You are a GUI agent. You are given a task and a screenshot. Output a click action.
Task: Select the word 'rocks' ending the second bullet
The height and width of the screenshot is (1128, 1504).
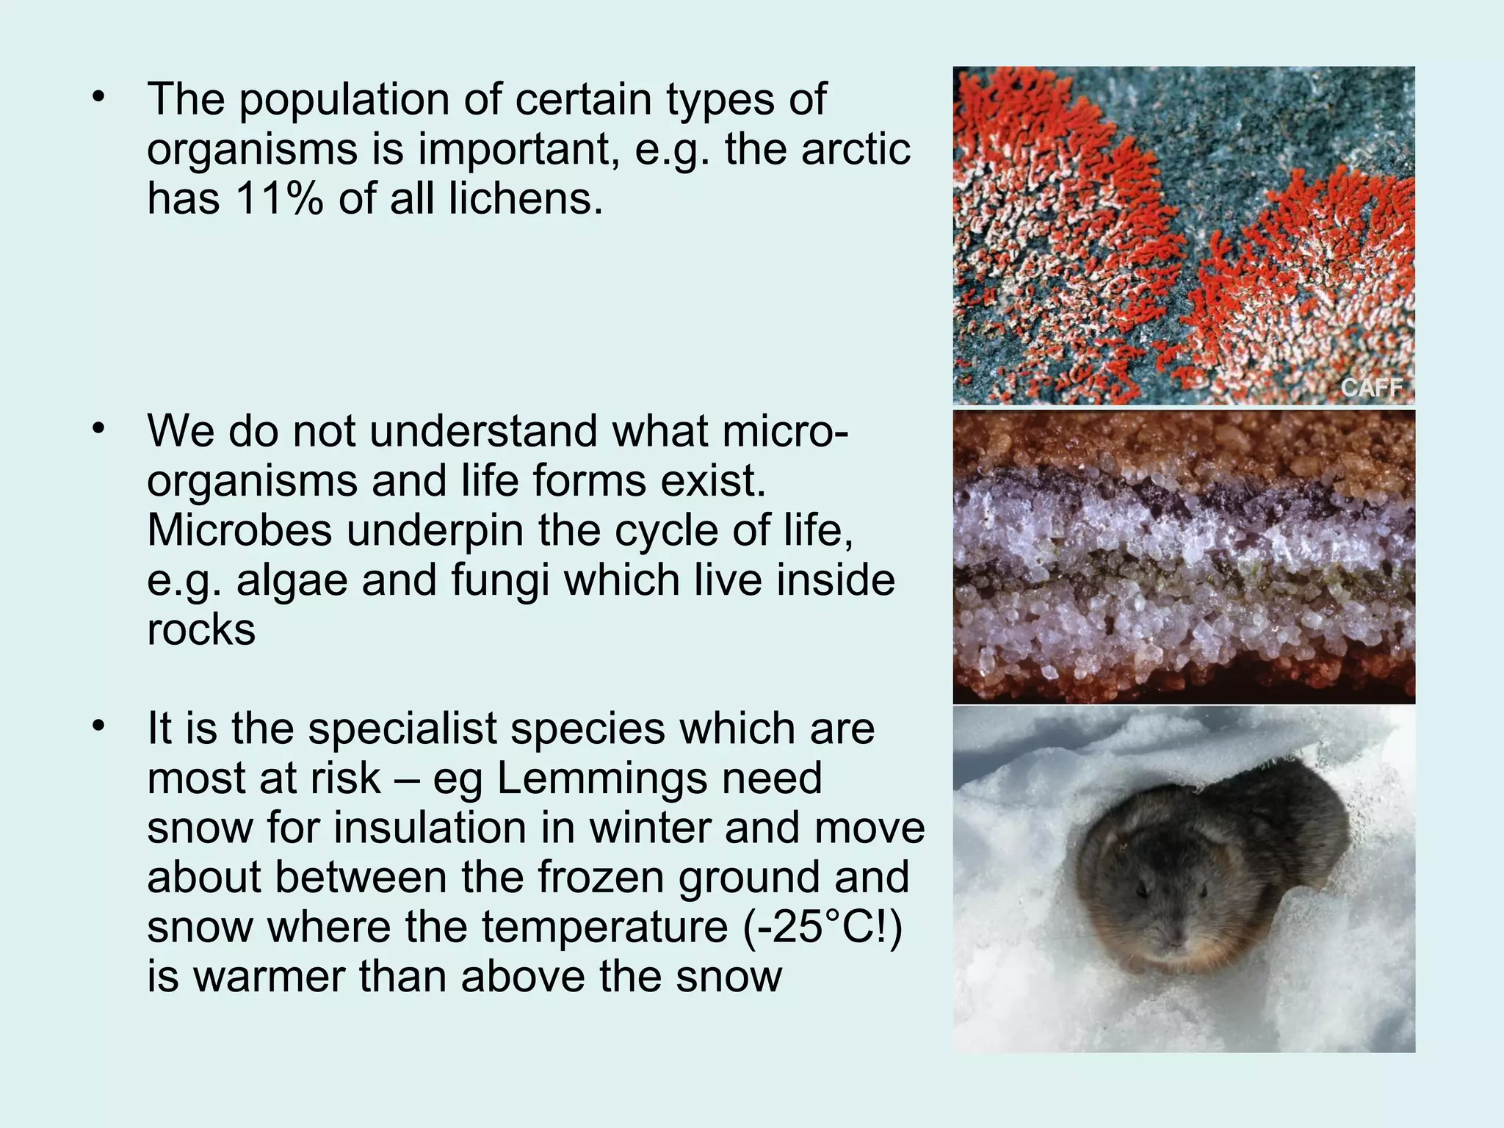tap(201, 630)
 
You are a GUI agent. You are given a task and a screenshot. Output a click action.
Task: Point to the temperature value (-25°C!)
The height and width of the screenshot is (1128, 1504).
tap(822, 928)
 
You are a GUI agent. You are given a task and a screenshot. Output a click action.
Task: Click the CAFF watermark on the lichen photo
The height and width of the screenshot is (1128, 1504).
tap(1371, 387)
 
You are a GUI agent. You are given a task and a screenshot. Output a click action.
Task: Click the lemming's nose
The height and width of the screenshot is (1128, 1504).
tap(1176, 940)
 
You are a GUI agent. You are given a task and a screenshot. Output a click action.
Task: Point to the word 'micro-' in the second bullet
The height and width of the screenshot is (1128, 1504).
tap(785, 431)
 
